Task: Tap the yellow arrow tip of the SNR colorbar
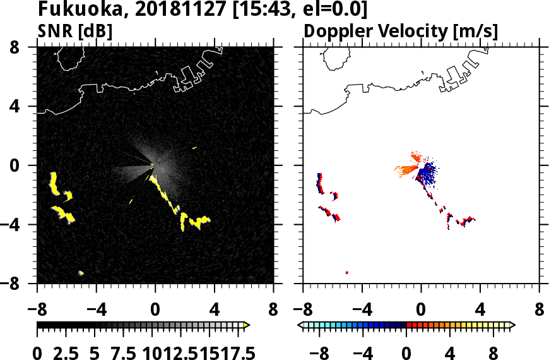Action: point(247,325)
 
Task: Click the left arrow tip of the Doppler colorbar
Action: point(300,325)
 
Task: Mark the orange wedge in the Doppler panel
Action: point(407,169)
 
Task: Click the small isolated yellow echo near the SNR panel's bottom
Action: point(81,273)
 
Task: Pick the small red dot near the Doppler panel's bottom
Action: point(347,272)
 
